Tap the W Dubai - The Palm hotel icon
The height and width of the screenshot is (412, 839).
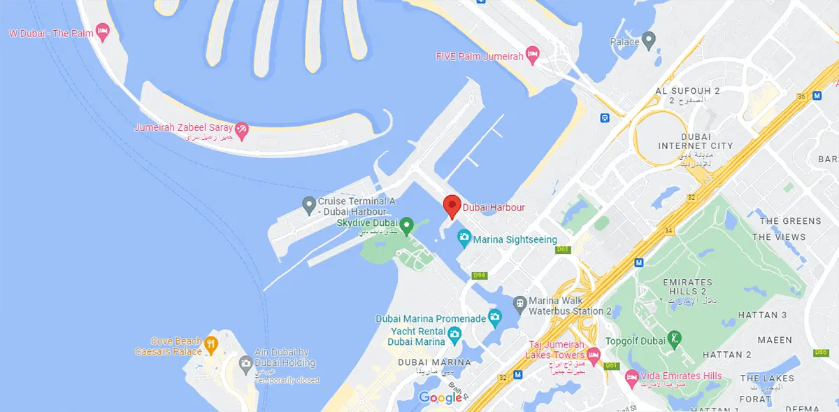point(103,31)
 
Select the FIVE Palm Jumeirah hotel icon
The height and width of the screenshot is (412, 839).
point(532,54)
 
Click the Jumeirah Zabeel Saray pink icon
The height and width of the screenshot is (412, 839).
point(241,129)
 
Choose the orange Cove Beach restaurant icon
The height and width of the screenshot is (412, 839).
point(210,344)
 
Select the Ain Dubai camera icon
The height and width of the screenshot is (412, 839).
point(245,363)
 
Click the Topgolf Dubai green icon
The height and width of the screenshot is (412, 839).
point(673,339)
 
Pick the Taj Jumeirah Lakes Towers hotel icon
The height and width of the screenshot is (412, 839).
point(593,355)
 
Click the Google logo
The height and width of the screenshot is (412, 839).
point(441,397)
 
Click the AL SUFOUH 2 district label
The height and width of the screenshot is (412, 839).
point(687,92)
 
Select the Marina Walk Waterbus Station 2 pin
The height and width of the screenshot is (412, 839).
point(519,304)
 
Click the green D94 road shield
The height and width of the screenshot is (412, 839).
point(479,276)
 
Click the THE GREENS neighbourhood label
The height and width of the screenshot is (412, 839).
point(790,221)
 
